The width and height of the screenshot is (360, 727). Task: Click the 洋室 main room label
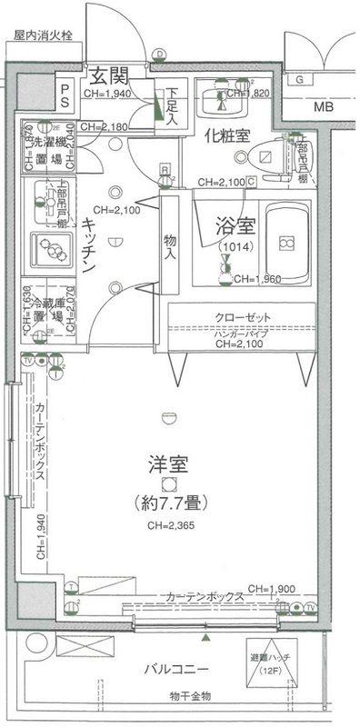coord(167,464)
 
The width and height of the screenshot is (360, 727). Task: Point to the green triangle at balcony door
coord(205,641)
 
